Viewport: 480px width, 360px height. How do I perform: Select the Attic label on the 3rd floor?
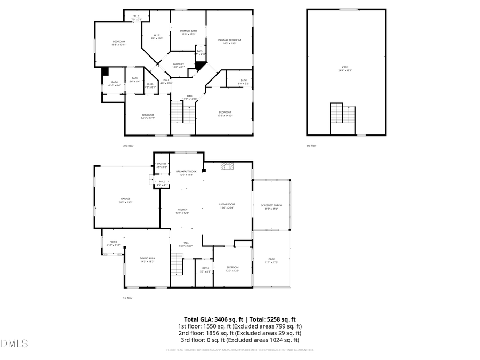point(346,69)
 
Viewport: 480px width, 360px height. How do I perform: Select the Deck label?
point(271,261)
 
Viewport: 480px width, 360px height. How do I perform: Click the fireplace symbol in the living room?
point(227,166)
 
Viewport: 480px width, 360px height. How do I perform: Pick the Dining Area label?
point(147,260)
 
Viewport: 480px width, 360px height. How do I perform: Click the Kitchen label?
point(183,211)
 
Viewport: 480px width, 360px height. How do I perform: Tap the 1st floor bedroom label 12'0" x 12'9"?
point(232,269)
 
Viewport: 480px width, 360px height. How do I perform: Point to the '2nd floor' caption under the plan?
point(128,145)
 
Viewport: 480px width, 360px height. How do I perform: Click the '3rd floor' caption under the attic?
point(311,145)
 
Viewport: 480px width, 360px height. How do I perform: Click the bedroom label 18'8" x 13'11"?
point(118,43)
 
